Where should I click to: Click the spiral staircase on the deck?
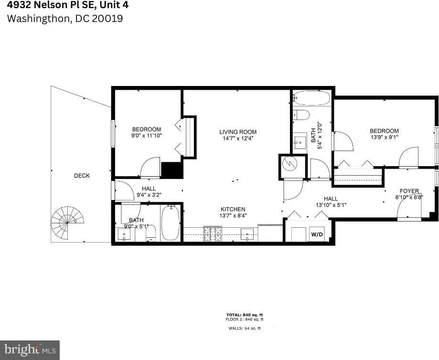click(67, 222)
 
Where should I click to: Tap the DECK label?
click(82, 176)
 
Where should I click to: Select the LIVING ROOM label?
click(238, 132)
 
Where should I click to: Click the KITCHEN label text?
click(233, 209)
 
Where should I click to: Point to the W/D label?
click(317, 234)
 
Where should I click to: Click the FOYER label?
click(409, 191)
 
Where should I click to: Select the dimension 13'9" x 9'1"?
click(384, 138)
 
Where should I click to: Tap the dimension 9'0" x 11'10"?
click(146, 136)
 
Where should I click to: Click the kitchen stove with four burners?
click(213, 233)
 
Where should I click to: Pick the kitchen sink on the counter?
click(247, 233)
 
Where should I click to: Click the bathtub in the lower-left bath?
click(170, 223)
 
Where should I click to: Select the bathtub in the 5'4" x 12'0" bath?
click(312, 98)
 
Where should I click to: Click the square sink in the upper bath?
click(300, 142)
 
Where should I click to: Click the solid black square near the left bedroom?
click(172, 170)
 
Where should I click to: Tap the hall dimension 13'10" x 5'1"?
click(331, 205)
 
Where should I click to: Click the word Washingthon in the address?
click(38, 19)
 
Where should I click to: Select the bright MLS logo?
click(30, 350)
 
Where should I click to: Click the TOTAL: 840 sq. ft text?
click(245, 315)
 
